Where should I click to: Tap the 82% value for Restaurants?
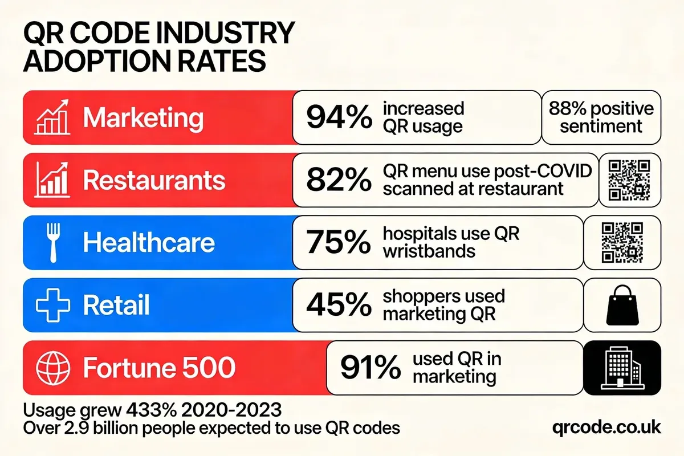[339, 180]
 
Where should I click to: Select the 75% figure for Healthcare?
[339, 243]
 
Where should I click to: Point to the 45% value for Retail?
[339, 305]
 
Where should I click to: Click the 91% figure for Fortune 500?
[370, 368]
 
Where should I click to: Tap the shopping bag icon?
[622, 306]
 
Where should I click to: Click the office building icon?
[622, 368]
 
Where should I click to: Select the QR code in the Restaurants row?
[629, 180]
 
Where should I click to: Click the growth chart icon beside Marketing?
[52, 117]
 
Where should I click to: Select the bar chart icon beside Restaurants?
[52, 180]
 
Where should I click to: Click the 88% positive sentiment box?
[601, 117]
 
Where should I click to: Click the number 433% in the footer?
[153, 410]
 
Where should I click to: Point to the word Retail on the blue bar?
[116, 306]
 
